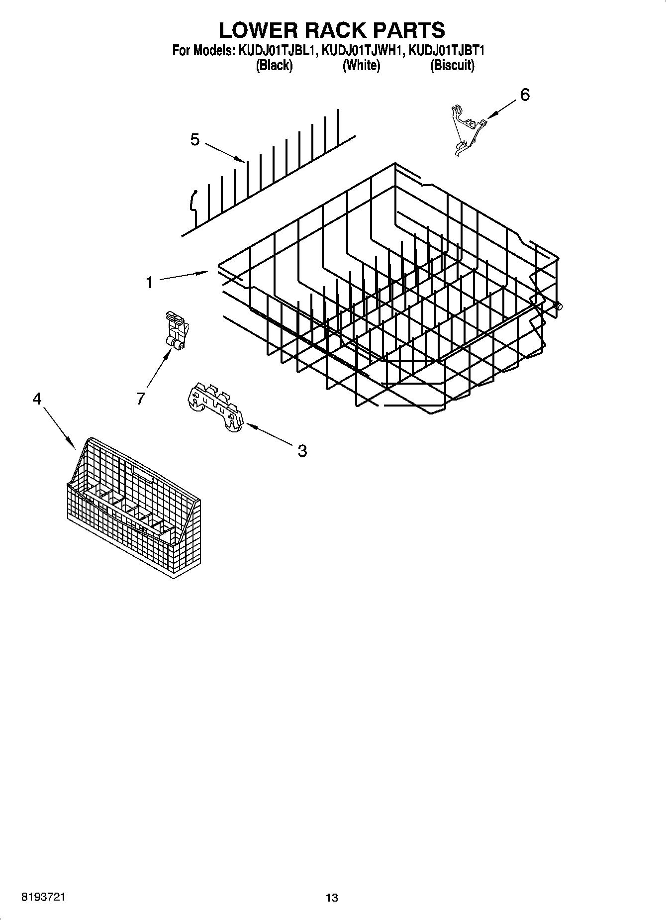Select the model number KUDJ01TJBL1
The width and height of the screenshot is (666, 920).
275,51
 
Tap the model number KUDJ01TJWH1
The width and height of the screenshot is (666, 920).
362,51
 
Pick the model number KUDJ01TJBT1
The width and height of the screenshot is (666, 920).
447,51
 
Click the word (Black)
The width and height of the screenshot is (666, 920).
274,65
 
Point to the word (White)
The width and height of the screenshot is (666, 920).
361,65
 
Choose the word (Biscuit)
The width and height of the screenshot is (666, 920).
452,65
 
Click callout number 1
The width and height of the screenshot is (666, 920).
149,283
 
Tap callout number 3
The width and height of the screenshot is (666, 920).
302,451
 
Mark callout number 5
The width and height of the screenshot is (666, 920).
195,140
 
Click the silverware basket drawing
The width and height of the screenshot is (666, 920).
134,508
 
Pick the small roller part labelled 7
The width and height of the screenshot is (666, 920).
176,329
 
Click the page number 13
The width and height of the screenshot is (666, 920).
332,898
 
